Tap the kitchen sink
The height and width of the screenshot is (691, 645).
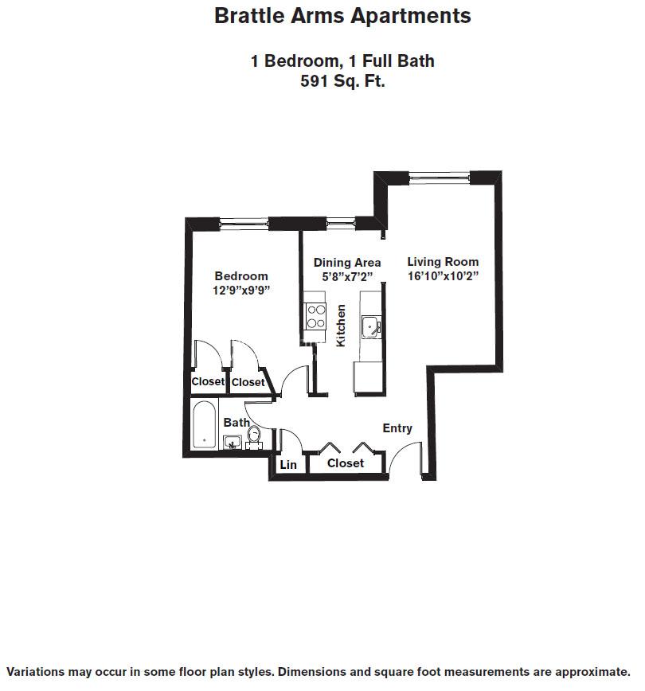pos(371,326)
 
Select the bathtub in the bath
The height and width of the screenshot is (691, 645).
pos(205,426)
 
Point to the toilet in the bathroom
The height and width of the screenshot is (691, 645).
pos(254,436)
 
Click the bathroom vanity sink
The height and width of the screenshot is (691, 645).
pos(233,443)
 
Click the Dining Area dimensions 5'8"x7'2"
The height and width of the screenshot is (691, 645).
pos(347,277)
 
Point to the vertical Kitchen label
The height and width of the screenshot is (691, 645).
pos(341,325)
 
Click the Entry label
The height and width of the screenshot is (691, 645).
pos(397,428)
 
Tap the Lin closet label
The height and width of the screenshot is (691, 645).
pos(288,465)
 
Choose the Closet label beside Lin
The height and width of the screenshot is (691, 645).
pos(346,463)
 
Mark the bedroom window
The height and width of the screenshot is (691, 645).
pos(244,223)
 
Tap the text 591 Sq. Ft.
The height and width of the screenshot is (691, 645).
pos(342,80)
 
